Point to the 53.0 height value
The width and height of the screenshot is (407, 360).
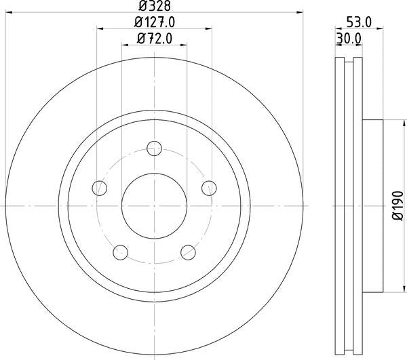click(358, 22)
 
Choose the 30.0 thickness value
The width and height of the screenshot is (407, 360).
click(348, 39)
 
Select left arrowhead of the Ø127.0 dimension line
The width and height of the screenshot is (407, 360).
click(100, 29)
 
